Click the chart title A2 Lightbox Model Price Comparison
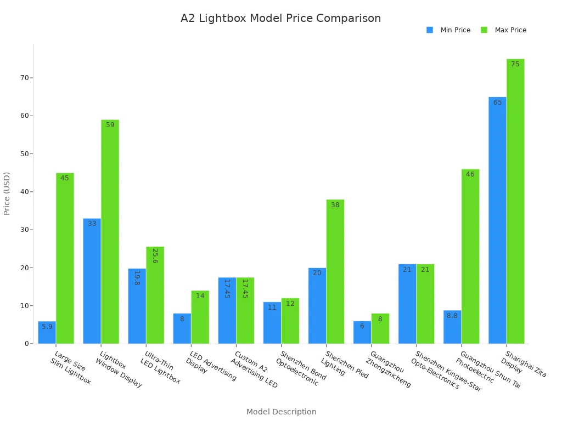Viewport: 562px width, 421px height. coord(280,19)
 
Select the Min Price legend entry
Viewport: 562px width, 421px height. coord(455,30)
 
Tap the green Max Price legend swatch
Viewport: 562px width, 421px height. coord(484,30)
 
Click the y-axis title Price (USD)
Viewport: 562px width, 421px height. coord(7,193)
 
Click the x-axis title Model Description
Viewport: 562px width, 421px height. coord(281,412)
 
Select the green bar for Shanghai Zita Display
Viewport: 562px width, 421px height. coord(515,201)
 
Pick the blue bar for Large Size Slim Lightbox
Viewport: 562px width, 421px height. coord(47,332)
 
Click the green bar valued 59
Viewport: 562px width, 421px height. coord(110,231)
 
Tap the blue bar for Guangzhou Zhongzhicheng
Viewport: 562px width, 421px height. coord(362,332)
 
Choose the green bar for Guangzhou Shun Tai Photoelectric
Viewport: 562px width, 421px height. coord(470,256)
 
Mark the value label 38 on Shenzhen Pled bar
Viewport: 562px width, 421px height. coord(335,205)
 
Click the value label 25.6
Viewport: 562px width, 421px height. coord(155,256)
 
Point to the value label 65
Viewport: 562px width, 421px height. coord(497,103)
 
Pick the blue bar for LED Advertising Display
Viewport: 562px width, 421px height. coord(182,328)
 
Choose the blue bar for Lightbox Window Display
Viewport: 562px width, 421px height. coord(92,281)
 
